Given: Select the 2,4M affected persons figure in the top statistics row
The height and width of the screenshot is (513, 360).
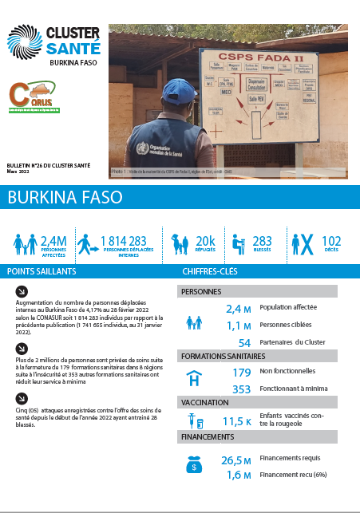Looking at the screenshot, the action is point(53,240).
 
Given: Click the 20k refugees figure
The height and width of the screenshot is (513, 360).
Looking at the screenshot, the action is point(205,240).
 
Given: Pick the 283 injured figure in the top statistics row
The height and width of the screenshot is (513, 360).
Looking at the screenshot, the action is point(261,240).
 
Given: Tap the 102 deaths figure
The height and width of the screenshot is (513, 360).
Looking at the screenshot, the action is point(330,240).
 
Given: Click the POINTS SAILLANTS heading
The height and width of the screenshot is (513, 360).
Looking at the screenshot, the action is point(42,271).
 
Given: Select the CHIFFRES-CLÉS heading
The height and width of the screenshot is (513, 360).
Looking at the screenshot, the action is point(211,271).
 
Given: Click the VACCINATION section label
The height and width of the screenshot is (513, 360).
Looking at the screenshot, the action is point(205,403).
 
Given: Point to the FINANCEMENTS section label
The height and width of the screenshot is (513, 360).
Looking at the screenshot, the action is point(208,437).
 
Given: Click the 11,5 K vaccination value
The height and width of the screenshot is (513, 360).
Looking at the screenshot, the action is point(237,420).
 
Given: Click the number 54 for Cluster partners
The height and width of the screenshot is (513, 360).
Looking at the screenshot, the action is point(244,341).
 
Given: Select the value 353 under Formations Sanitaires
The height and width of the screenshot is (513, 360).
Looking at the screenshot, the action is point(241,389).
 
